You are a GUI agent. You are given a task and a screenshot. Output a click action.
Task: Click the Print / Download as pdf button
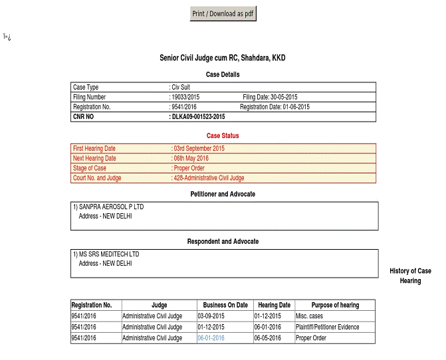[x=223, y=13]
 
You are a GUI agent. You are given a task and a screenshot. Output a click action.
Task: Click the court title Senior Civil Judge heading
[x=223, y=58]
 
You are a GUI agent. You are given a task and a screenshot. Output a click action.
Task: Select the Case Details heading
[x=223, y=74]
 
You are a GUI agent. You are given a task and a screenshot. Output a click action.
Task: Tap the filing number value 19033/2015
[x=186, y=97]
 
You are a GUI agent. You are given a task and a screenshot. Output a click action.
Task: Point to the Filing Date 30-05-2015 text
[x=270, y=97]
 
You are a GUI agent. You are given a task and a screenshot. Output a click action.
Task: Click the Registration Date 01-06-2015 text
[x=275, y=106]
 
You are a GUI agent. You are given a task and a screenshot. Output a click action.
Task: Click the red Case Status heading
[x=223, y=135]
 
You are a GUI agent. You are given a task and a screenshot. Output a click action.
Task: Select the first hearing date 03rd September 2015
[x=199, y=148]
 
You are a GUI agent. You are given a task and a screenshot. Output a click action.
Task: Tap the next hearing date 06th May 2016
[x=191, y=158]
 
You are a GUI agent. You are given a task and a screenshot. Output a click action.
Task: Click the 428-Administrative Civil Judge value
[x=209, y=178]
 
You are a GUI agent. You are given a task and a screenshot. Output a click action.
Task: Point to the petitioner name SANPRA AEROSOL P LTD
[x=110, y=207]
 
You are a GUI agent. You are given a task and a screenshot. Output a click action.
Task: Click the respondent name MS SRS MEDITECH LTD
[x=108, y=254]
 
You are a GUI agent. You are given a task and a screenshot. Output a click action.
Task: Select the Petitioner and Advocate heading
[x=223, y=194]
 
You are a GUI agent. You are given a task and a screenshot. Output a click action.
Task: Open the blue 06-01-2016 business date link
[x=211, y=338]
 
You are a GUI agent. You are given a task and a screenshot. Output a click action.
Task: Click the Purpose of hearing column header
[x=326, y=305]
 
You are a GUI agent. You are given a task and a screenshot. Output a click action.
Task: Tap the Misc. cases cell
[x=309, y=315]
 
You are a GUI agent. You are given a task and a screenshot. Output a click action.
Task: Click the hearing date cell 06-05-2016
[x=267, y=338]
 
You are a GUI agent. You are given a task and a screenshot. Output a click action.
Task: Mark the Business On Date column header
[x=225, y=305]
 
